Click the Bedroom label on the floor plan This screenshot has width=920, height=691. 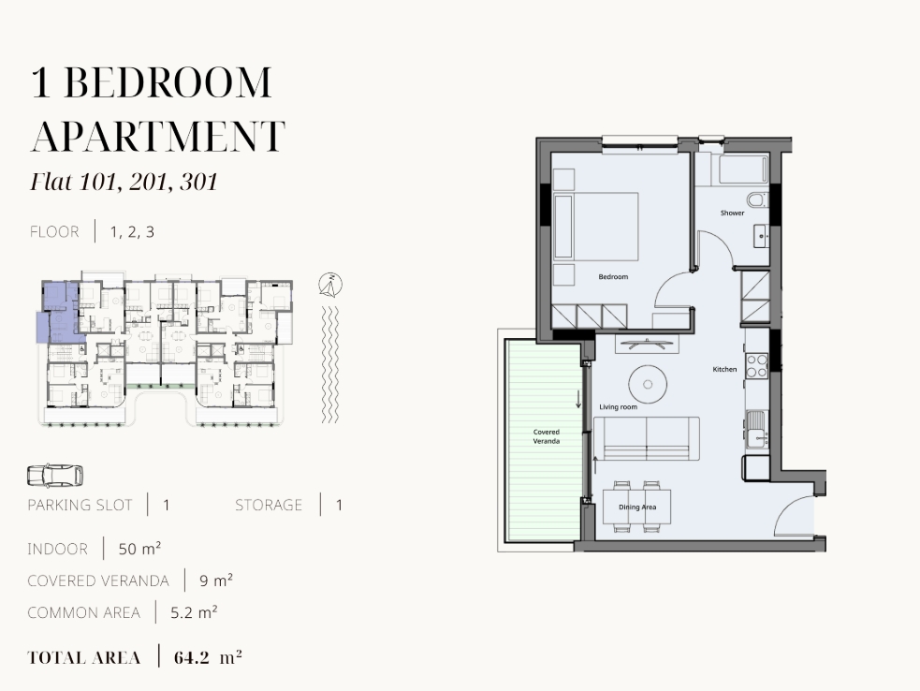click(613, 276)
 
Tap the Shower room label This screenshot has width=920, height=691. click(732, 213)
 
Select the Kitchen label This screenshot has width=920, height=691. click(724, 369)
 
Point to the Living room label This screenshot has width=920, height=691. click(618, 407)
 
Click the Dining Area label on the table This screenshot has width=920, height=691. click(637, 507)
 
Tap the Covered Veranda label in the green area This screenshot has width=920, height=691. click(547, 436)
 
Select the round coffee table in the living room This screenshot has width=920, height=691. click(648, 385)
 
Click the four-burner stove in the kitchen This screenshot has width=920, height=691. click(757, 365)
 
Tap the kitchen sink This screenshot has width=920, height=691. click(757, 431)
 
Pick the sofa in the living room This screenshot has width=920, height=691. click(647, 438)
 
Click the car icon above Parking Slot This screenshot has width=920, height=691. click(55, 477)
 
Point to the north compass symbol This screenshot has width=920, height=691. click(330, 285)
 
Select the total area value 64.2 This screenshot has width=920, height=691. click(191, 657)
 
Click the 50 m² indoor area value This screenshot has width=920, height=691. click(139, 549)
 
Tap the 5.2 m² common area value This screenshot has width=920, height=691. click(195, 612)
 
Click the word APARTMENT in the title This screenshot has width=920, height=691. click(158, 136)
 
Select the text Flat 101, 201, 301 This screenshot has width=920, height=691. click(124, 182)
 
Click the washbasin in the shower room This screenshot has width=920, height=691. click(761, 236)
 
